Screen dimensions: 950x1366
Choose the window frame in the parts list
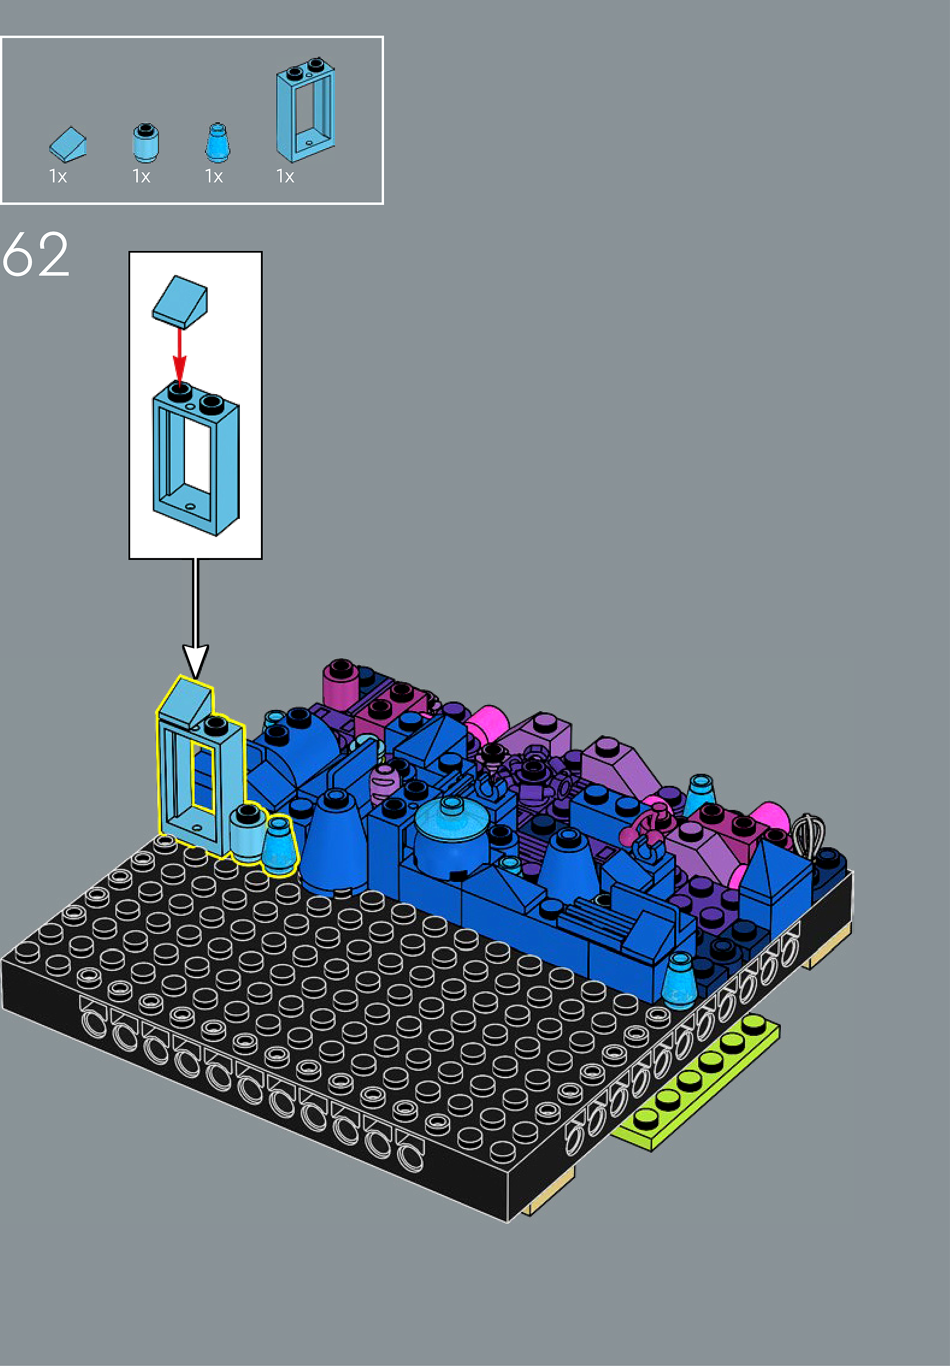pyautogui.click(x=305, y=110)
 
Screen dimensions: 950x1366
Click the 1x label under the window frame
pyautogui.click(x=285, y=177)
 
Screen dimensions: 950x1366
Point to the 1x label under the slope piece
pyautogui.click(x=58, y=177)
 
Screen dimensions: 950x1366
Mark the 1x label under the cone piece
pyautogui.click(x=214, y=177)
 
